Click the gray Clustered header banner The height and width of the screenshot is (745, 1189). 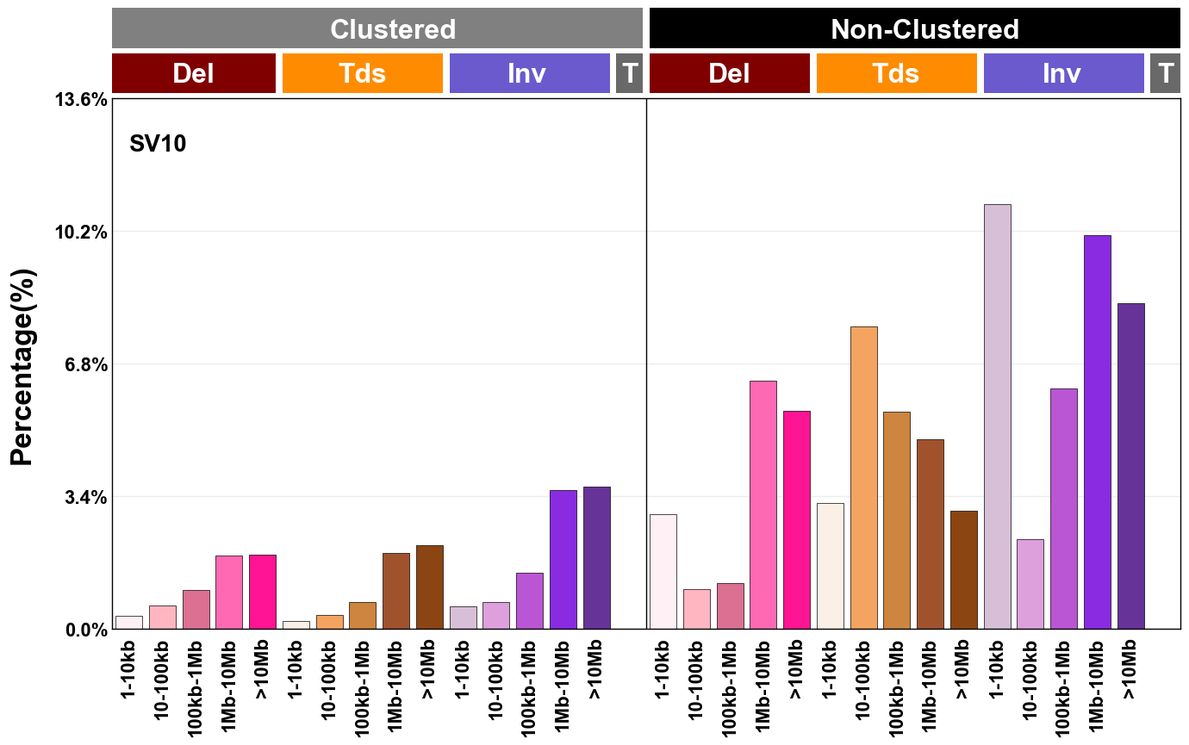point(377,28)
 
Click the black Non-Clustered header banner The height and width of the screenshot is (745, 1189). point(914,28)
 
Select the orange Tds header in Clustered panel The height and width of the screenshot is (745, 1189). point(362,73)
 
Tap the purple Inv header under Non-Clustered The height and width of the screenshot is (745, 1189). point(1063,73)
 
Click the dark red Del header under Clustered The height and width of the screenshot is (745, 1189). point(194,73)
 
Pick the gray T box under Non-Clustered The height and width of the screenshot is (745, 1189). point(1165,73)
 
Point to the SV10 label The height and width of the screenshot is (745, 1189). point(158,144)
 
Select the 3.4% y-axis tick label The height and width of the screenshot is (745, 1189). point(82,497)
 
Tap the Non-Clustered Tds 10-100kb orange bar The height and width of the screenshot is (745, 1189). point(863,478)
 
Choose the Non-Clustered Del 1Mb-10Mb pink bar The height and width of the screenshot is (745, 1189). point(763,505)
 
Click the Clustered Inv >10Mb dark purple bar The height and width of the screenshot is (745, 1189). point(596,558)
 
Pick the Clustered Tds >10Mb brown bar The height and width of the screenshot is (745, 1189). point(429,587)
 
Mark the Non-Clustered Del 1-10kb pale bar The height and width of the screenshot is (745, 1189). point(663,572)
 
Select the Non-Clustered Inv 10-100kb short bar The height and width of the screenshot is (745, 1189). point(1030,584)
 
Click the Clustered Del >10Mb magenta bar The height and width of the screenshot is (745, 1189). point(262,592)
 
